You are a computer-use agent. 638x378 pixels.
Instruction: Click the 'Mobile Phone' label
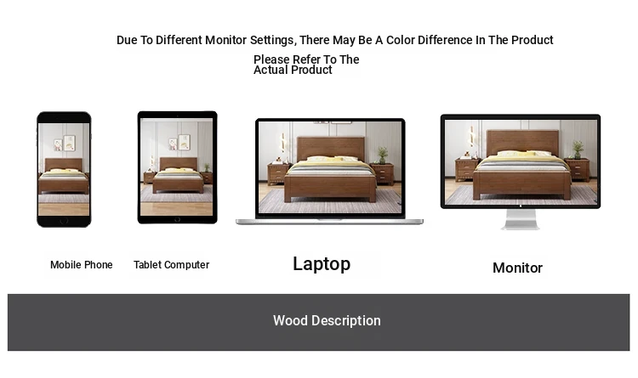point(82,265)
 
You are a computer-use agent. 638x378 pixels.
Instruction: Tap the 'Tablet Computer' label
point(171,265)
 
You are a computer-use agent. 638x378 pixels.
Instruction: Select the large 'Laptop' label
point(322,265)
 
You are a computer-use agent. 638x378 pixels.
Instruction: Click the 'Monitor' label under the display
point(517,268)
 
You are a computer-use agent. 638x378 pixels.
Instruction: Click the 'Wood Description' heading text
point(327,321)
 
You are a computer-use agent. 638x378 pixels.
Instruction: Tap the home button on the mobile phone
point(64,221)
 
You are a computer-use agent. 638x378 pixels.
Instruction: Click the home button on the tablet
point(178,219)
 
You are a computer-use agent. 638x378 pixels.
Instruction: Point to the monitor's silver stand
point(521,219)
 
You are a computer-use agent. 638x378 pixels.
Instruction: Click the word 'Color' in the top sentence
point(401,40)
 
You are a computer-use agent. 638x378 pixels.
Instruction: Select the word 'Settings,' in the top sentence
point(273,40)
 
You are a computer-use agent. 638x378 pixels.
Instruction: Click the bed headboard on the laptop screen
point(330,148)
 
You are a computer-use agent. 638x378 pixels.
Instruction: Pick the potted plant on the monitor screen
point(578,150)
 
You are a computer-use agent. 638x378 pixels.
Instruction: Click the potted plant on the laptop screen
point(383,155)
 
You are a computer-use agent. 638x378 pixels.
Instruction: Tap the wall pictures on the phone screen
point(65,143)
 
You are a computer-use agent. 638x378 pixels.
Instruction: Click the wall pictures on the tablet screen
point(179,142)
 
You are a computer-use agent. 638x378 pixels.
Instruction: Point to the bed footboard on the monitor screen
point(521,184)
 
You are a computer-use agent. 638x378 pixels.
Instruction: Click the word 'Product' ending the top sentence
point(533,40)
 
